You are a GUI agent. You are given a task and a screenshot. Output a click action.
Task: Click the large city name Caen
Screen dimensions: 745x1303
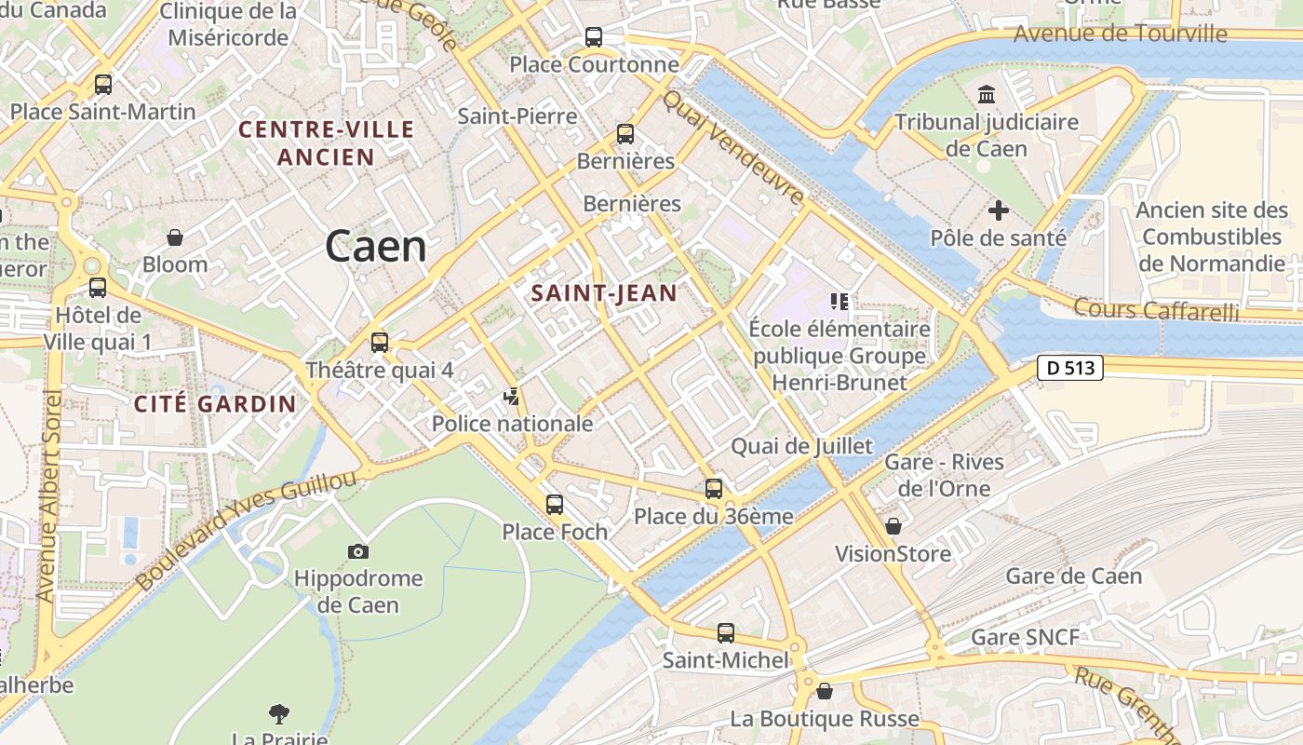point(376,247)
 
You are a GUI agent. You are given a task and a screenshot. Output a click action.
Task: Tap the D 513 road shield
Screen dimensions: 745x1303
point(1070,368)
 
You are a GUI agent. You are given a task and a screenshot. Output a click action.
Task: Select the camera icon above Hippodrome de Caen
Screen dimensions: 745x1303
point(358,552)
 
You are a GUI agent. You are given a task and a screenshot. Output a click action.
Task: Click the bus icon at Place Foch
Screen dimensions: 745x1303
point(555,505)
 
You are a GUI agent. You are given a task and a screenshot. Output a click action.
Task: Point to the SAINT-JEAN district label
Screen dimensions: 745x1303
point(604,293)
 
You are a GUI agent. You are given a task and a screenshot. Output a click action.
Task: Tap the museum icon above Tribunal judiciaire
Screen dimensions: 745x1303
point(987,94)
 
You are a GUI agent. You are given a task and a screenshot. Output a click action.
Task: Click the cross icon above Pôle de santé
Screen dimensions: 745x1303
point(999,210)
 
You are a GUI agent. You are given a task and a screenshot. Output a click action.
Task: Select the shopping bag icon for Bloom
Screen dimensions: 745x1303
point(174,237)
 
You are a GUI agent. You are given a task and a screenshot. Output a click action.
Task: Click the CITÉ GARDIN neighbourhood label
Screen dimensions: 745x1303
point(215,404)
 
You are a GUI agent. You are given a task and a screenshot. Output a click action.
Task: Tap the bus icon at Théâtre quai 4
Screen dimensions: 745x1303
point(379,342)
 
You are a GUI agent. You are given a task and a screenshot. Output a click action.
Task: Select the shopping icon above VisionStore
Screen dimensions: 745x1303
point(893,527)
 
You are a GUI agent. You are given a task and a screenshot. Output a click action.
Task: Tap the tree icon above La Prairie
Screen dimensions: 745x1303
point(278,714)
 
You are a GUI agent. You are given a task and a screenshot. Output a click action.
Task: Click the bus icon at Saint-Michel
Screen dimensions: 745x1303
point(726,633)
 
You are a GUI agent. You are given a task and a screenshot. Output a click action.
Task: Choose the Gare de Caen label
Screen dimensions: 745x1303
point(1073,576)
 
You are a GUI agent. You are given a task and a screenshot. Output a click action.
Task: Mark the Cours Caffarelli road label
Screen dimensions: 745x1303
point(1156,309)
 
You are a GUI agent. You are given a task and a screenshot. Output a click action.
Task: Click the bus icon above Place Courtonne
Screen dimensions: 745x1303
point(594,37)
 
